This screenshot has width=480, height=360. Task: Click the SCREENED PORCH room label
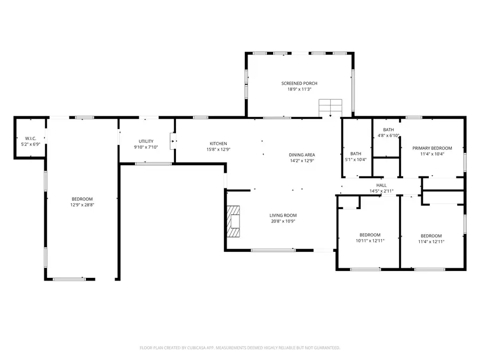point(299,84)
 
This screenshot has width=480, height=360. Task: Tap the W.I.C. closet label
point(30,139)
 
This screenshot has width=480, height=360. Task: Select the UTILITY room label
point(146,141)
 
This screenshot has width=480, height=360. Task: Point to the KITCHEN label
point(218,143)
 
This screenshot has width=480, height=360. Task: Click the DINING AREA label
point(301,155)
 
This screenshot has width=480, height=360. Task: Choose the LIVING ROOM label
point(283,215)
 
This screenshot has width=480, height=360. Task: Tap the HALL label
point(381,186)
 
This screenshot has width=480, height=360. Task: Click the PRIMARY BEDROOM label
point(432,148)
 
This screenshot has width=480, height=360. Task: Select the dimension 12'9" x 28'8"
point(82,205)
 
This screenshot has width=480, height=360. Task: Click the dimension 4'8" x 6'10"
point(388,135)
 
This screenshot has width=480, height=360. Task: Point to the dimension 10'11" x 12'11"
point(370,241)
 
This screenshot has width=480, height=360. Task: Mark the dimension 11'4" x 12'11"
point(431,242)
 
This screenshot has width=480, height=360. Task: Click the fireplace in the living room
point(234,221)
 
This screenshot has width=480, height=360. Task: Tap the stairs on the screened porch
point(330,107)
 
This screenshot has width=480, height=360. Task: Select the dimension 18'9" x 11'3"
point(299,90)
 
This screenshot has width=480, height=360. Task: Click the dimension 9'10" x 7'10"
point(146,147)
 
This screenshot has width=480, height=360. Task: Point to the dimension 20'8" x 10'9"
point(283,221)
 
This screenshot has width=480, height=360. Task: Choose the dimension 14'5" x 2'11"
point(381,191)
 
